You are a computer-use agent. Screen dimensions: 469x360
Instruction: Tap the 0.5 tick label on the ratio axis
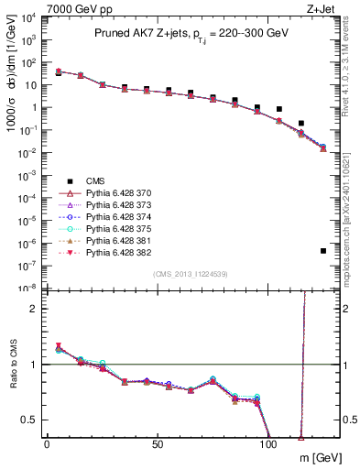(31, 420)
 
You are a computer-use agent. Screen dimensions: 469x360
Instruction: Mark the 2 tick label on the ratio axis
(36, 309)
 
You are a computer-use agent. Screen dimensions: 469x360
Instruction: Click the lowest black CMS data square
(323, 251)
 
